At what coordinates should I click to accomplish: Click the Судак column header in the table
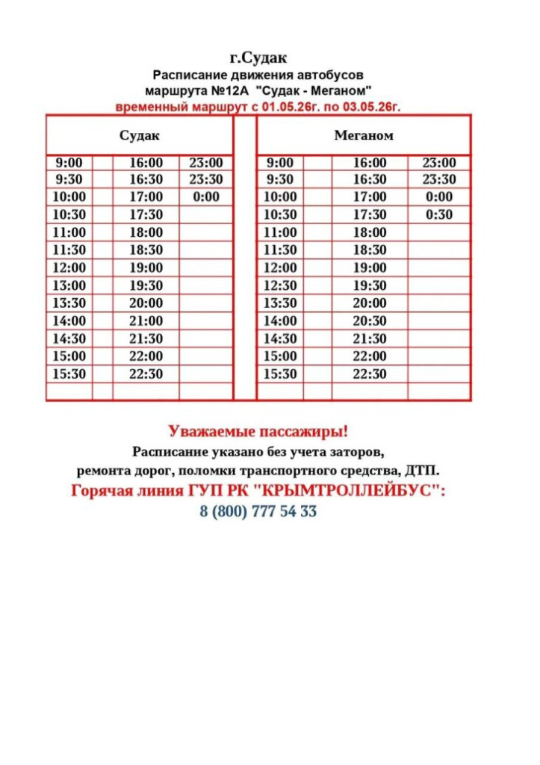(140, 136)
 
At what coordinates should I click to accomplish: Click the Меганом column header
(363, 136)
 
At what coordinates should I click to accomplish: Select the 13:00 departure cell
(70, 285)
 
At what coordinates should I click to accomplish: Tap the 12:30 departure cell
(280, 285)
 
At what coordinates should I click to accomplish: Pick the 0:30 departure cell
(439, 214)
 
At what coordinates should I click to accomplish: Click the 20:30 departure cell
(370, 320)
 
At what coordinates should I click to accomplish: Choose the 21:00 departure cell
(146, 320)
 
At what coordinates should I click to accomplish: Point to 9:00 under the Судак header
(69, 163)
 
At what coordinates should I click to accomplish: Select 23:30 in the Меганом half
(439, 179)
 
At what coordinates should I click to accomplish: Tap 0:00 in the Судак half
(206, 196)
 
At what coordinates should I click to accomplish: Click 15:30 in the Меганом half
(280, 374)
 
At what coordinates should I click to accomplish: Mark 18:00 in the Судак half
(146, 232)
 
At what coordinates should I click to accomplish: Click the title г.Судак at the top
(258, 58)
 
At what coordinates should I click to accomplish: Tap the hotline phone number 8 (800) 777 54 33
(258, 512)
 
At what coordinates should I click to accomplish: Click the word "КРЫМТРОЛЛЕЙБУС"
(361, 491)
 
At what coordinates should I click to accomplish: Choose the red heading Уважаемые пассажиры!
(258, 432)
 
